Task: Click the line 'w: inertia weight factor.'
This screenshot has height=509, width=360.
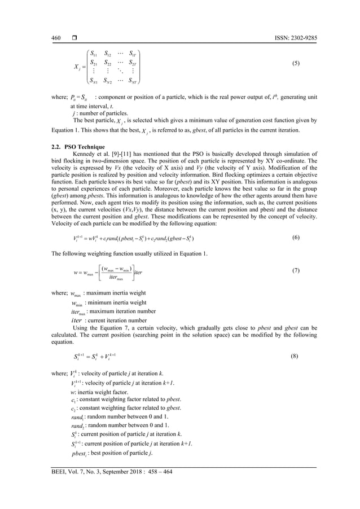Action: click(99, 392)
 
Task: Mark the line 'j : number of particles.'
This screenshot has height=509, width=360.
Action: click(98, 113)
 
